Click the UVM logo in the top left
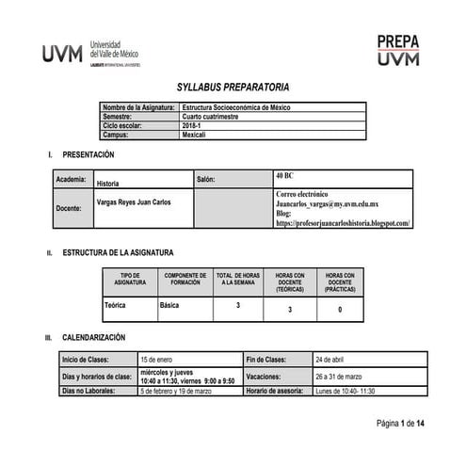[90, 53]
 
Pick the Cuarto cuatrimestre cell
[214, 117]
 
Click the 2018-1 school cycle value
[194, 125]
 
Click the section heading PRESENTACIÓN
[88, 153]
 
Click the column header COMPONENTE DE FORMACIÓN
[185, 279]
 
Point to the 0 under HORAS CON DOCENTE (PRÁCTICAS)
[340, 309]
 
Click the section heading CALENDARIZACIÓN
[93, 337]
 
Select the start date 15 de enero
[158, 359]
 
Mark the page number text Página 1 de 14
[401, 425]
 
